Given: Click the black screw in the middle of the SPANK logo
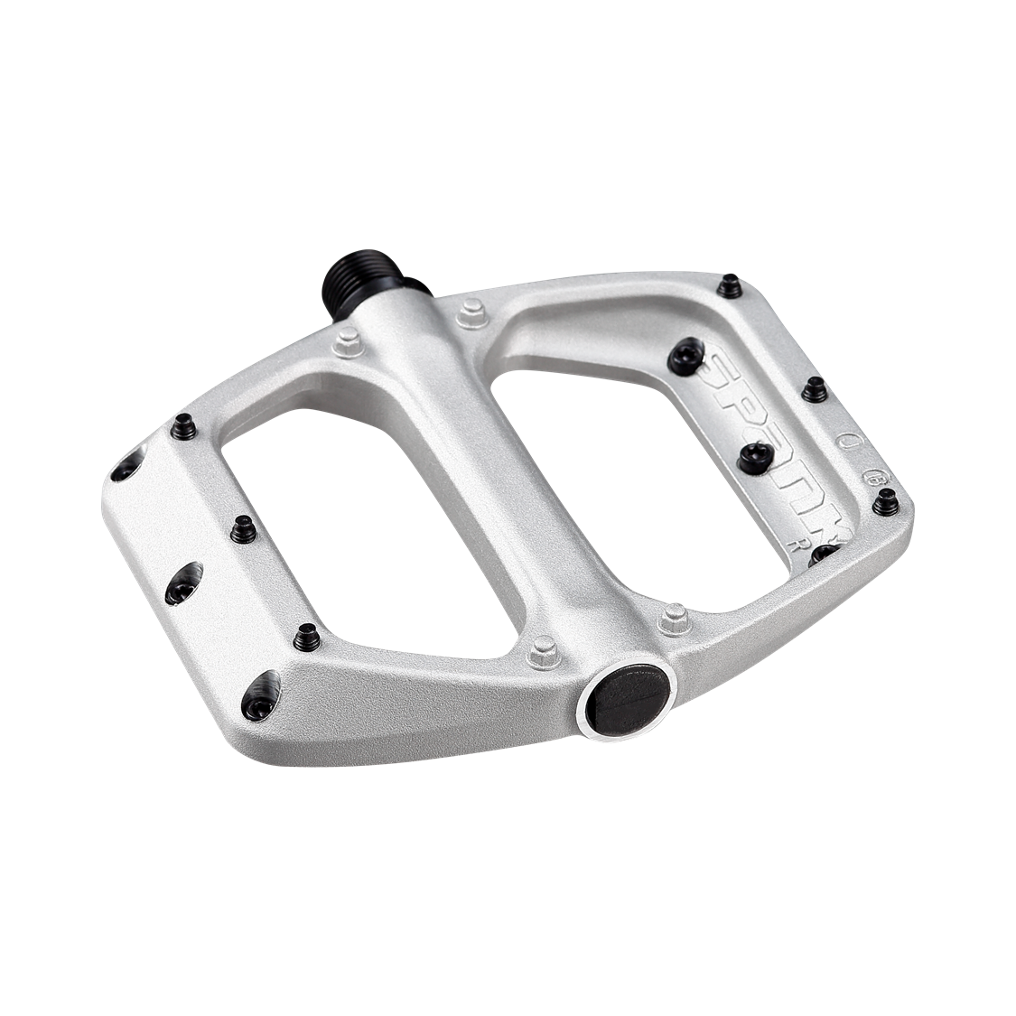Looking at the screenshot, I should pos(757,458).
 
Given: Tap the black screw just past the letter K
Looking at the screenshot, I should pos(825,555).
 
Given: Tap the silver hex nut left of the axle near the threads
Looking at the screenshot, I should pos(347,342).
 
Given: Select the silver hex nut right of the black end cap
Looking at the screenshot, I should pos(672,620).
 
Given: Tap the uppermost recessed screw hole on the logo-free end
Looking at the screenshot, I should pos(126,467).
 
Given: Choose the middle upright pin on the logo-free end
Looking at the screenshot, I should pos(242,530).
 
